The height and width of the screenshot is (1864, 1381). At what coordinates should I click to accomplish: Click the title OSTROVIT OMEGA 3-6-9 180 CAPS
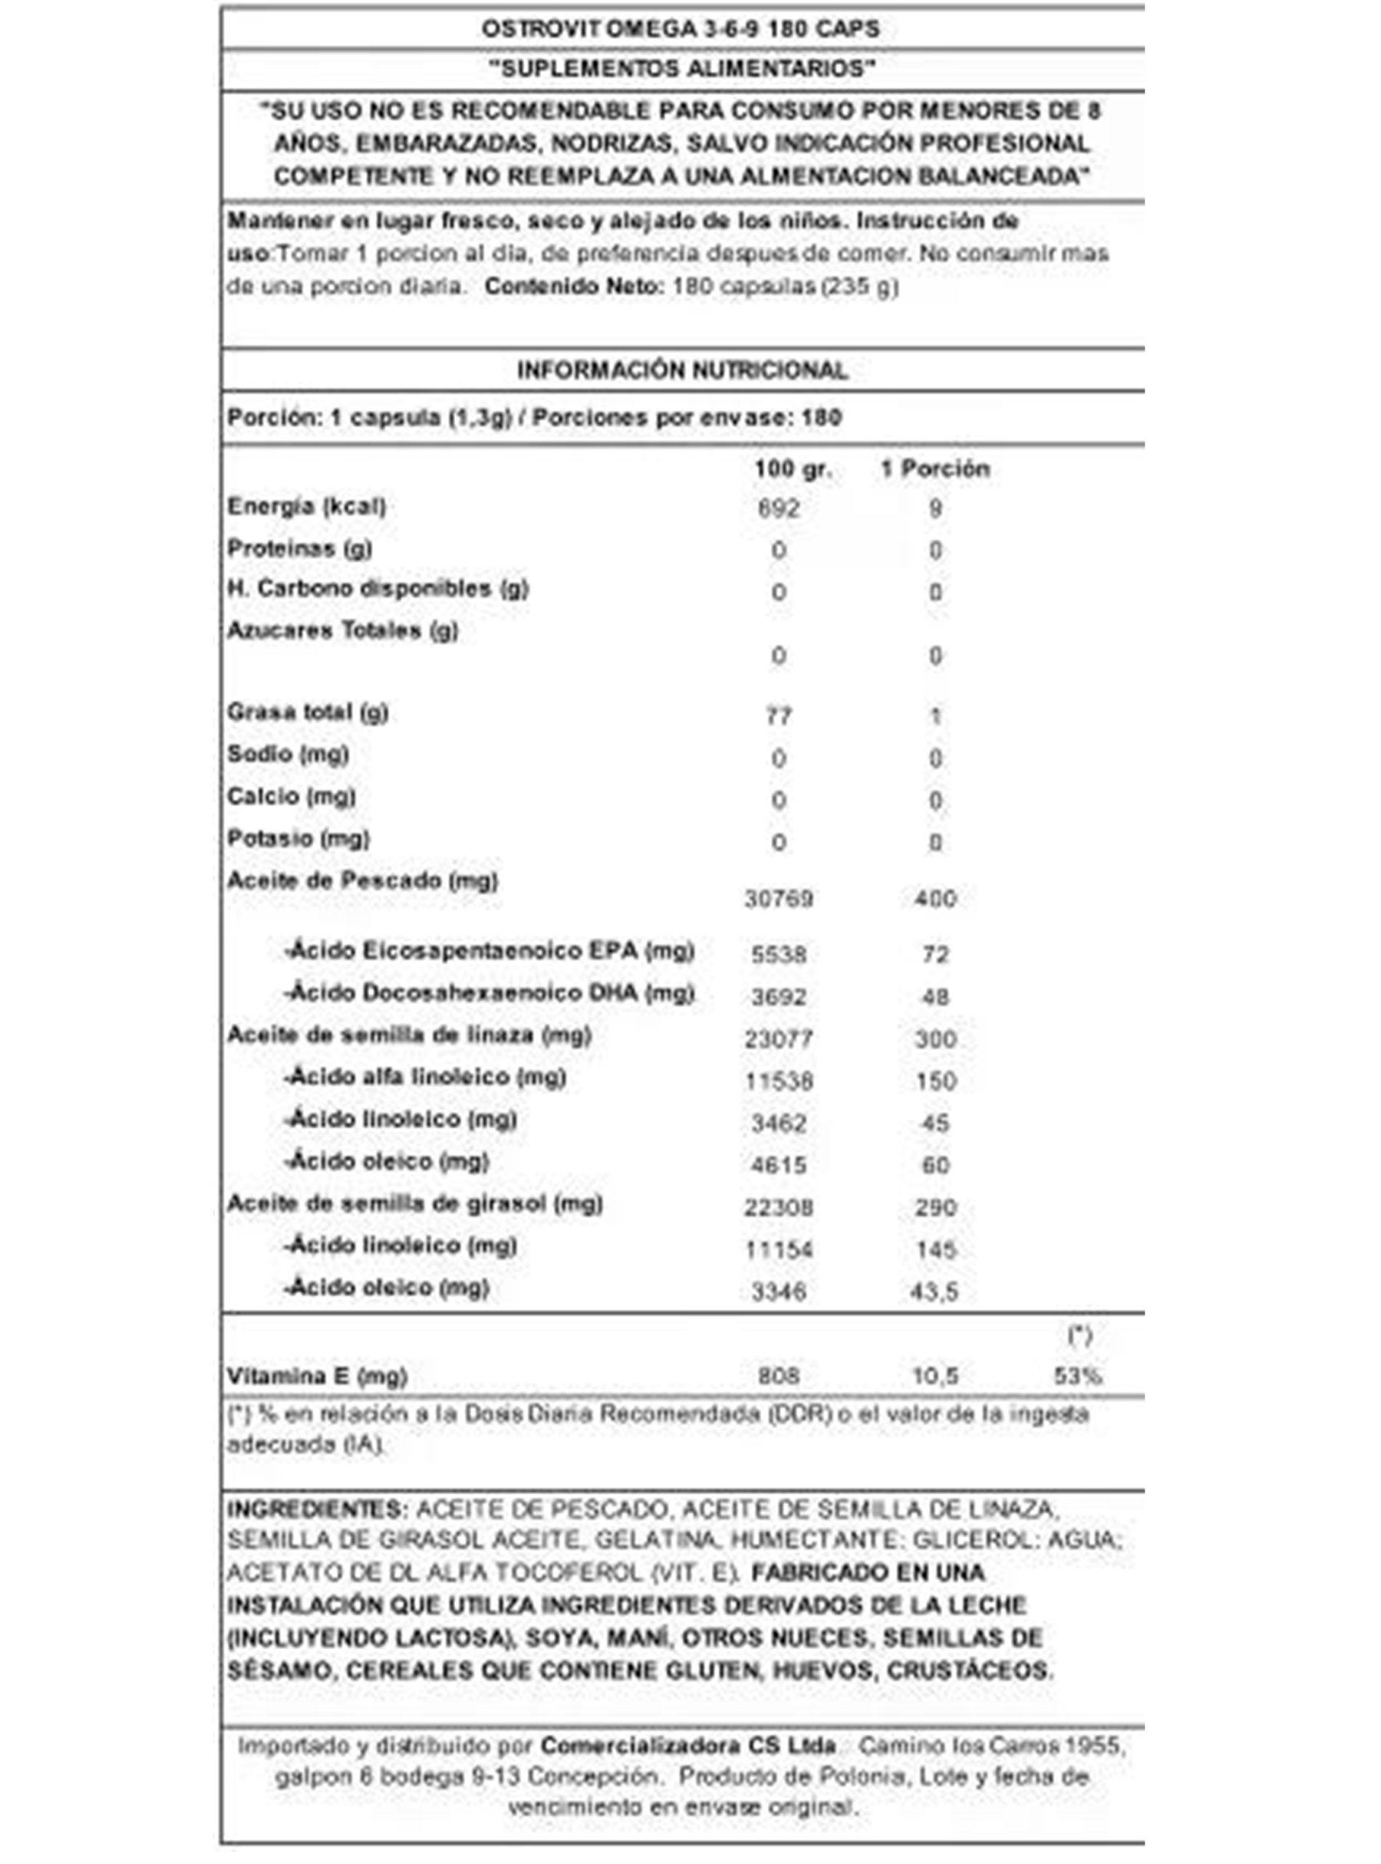point(681,29)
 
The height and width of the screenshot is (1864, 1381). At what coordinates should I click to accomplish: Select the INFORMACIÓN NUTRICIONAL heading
point(682,371)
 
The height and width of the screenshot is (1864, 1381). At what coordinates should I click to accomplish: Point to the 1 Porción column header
point(935,469)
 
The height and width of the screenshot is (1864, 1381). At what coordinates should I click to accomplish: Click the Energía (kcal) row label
point(306,507)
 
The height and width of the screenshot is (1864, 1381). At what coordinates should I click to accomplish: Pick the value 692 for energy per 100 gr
point(778,508)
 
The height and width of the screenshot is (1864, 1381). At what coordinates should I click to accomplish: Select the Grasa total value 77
point(778,716)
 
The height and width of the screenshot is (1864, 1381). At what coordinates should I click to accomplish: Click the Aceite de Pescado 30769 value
point(778,899)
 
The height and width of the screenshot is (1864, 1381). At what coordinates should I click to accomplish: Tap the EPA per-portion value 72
point(935,954)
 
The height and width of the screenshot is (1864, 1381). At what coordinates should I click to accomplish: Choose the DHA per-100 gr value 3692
point(778,996)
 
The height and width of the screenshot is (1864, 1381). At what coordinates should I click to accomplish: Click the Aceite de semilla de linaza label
point(409,1035)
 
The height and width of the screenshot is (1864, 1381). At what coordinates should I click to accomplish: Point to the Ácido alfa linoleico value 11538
point(778,1081)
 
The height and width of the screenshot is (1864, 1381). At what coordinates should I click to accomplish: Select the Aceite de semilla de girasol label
point(415,1204)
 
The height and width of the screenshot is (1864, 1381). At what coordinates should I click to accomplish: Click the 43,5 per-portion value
point(935,1292)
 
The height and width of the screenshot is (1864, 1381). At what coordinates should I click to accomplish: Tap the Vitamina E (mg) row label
point(317,1376)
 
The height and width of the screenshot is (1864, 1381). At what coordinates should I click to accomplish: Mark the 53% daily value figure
point(1077,1376)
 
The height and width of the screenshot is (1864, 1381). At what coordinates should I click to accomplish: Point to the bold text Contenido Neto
point(574,287)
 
